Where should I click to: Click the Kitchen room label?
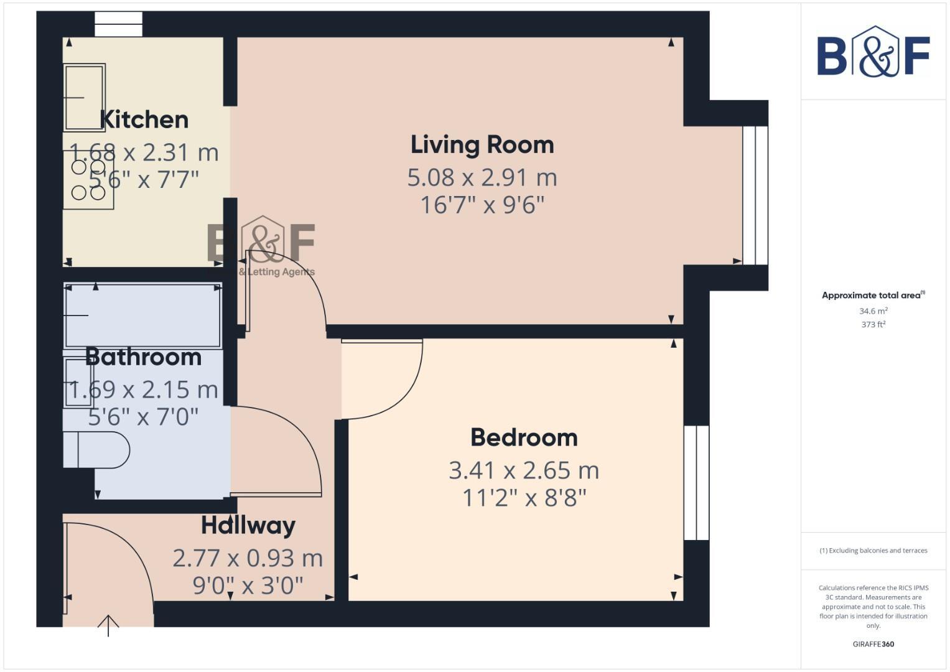tap(144, 119)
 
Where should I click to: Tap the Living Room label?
tap(482, 144)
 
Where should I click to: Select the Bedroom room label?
tap(524, 437)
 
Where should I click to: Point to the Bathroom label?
tap(143, 357)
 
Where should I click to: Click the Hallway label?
tap(248, 526)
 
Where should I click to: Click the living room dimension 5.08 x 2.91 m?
tap(482, 178)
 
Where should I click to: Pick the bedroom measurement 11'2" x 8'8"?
tap(524, 498)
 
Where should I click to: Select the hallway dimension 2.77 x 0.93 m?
tap(248, 558)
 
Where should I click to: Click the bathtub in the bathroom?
tap(143, 315)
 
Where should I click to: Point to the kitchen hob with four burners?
tap(88, 180)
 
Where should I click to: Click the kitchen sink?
tap(84, 98)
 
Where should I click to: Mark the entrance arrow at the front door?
tap(108, 625)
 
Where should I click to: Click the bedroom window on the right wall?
tap(696, 482)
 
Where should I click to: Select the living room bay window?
tap(755, 196)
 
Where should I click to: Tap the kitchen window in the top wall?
tap(118, 25)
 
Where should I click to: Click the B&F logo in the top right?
tap(873, 53)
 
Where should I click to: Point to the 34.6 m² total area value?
tap(873, 311)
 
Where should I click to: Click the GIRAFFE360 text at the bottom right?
tap(873, 644)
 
